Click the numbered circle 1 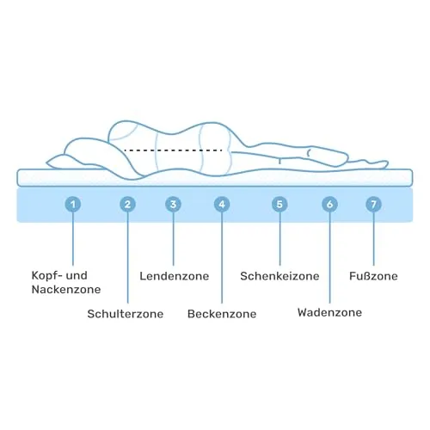[x=73, y=205]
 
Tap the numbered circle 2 [x=127, y=205]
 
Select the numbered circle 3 [x=173, y=205]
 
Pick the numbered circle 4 [x=222, y=205]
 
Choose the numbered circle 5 [x=279, y=205]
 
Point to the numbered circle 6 [x=329, y=205]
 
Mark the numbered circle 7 [x=373, y=205]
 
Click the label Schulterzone [x=126, y=314]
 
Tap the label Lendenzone [x=175, y=276]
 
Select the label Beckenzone [x=222, y=314]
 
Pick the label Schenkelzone [x=279, y=276]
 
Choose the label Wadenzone [x=329, y=312]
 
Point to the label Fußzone [x=373, y=276]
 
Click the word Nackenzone [x=66, y=290]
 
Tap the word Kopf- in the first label [x=46, y=276]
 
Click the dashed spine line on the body [x=174, y=150]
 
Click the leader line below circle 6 [x=329, y=257]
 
